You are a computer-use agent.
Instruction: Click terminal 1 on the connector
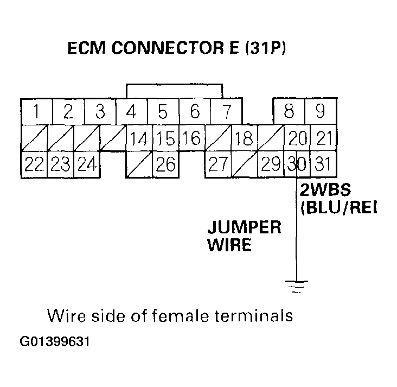click(36, 112)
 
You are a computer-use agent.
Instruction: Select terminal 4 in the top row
click(131, 112)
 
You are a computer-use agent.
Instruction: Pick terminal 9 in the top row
click(321, 112)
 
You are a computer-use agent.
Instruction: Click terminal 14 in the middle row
click(139, 138)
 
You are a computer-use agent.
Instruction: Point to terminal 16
click(191, 138)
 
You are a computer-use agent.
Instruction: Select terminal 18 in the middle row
click(244, 138)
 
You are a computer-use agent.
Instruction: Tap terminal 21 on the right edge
click(323, 138)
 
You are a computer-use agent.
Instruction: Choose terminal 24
click(86, 164)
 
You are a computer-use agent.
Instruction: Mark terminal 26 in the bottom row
click(165, 164)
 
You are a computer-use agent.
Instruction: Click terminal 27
click(218, 164)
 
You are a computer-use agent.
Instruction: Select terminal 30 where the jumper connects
click(297, 164)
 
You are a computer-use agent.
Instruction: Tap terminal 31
click(323, 164)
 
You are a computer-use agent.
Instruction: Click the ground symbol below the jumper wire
click(296, 286)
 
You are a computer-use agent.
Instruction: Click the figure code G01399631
click(54, 343)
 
